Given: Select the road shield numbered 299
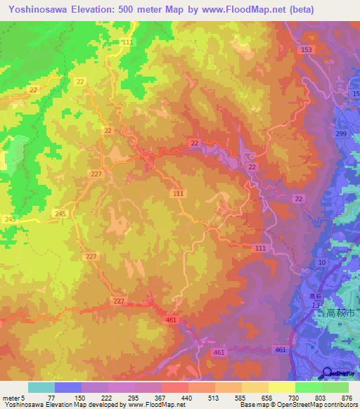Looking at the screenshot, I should click(x=341, y=134).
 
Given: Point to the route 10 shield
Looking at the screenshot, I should click(x=321, y=262).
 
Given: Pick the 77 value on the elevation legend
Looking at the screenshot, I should click(x=55, y=397).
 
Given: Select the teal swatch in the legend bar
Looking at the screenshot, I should click(x=41, y=387).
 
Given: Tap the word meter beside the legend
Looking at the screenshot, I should click(x=12, y=397).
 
